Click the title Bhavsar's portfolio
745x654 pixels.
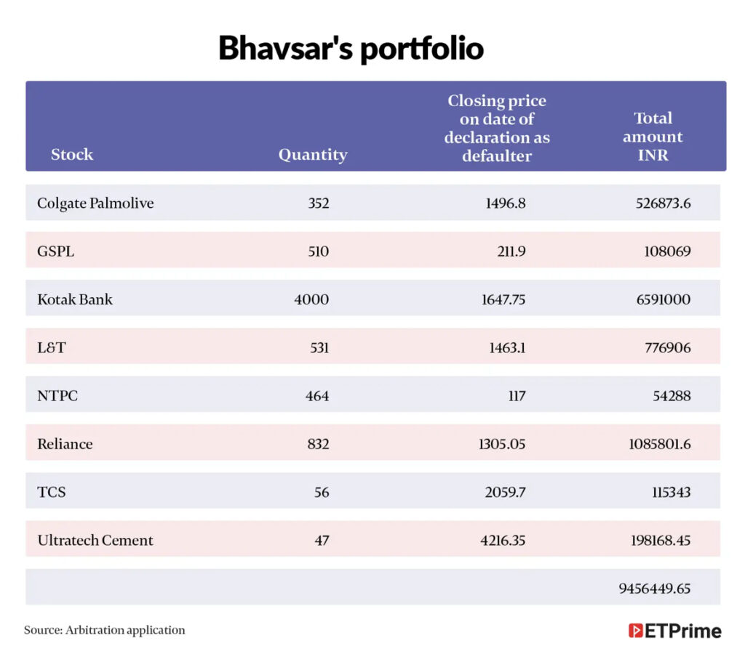point(351,49)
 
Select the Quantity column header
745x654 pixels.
point(313,155)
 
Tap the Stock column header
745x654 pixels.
point(72,154)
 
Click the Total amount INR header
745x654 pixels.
point(653,136)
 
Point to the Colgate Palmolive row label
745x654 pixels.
point(95,203)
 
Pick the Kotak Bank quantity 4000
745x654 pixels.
point(311,299)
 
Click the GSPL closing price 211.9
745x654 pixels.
point(511,251)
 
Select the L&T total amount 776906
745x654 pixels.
point(668,348)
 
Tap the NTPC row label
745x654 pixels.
point(57,396)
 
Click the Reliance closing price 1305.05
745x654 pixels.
point(502,444)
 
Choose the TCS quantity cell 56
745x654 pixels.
point(322,492)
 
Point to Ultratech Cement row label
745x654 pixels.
point(95,540)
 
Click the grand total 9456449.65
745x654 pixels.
point(654,589)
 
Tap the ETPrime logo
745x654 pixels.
point(674,631)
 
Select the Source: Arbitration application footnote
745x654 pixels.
point(105,630)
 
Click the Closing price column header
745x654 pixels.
point(497,128)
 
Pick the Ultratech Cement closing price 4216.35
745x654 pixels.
point(503,540)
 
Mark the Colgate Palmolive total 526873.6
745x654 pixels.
point(664,203)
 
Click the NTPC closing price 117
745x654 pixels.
point(517,396)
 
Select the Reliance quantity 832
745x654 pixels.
point(319,444)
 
